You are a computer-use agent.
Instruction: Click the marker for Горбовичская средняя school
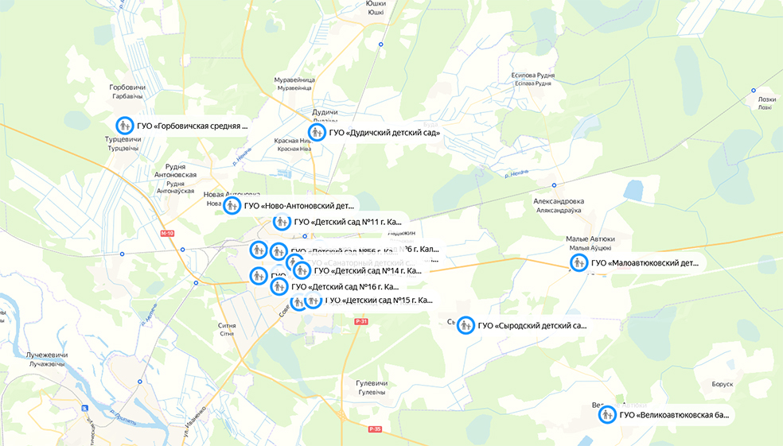(124, 126)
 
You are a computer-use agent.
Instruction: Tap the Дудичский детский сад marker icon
(317, 132)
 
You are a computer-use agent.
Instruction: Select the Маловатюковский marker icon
(578, 263)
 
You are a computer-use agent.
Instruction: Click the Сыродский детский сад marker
(466, 325)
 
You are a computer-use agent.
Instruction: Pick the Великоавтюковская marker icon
(607, 414)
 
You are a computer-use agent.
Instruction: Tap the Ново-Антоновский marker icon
(232, 206)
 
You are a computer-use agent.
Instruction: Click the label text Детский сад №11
(347, 222)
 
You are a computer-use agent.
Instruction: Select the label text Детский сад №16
(345, 287)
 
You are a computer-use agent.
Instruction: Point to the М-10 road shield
(166, 234)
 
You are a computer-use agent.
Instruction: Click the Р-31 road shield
(362, 321)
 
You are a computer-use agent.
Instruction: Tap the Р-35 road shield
(376, 429)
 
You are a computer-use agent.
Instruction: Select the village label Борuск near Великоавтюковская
(723, 384)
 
